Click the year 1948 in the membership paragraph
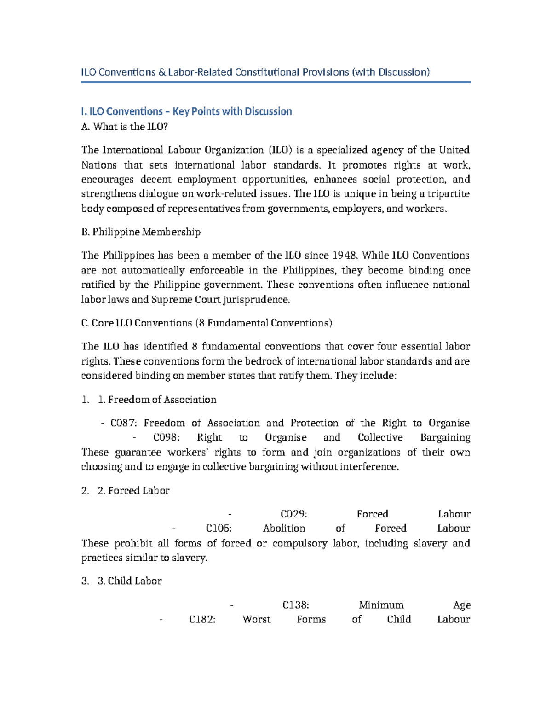[x=345, y=256]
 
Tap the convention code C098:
[x=166, y=437]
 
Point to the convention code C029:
[x=293, y=514]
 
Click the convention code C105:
[x=218, y=529]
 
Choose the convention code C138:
[x=295, y=605]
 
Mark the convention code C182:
[x=202, y=620]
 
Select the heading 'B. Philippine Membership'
[x=141, y=232]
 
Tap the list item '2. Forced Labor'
[x=133, y=491]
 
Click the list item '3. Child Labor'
[x=130, y=581]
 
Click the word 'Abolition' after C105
[x=284, y=529]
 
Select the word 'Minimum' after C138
[x=381, y=605]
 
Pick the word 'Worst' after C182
[x=256, y=620]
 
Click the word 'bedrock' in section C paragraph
[x=262, y=361]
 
